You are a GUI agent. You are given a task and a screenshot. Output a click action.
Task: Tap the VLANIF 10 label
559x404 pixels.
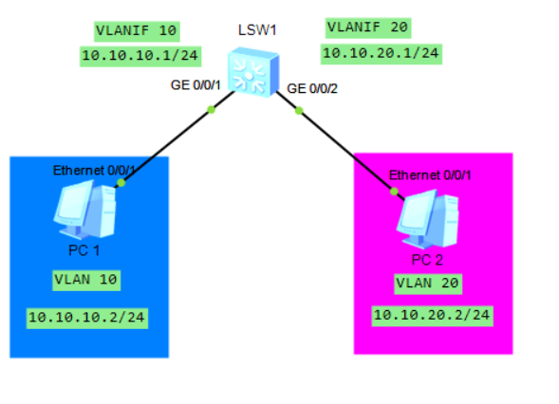click(136, 30)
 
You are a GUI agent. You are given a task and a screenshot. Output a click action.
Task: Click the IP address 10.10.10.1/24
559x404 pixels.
click(140, 56)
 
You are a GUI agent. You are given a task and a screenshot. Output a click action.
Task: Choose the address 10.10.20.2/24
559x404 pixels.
click(432, 314)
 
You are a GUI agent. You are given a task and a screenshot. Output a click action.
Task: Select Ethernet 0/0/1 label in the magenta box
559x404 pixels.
click(431, 175)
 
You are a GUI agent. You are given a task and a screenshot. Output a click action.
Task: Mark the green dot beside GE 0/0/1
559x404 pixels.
click(211, 109)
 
